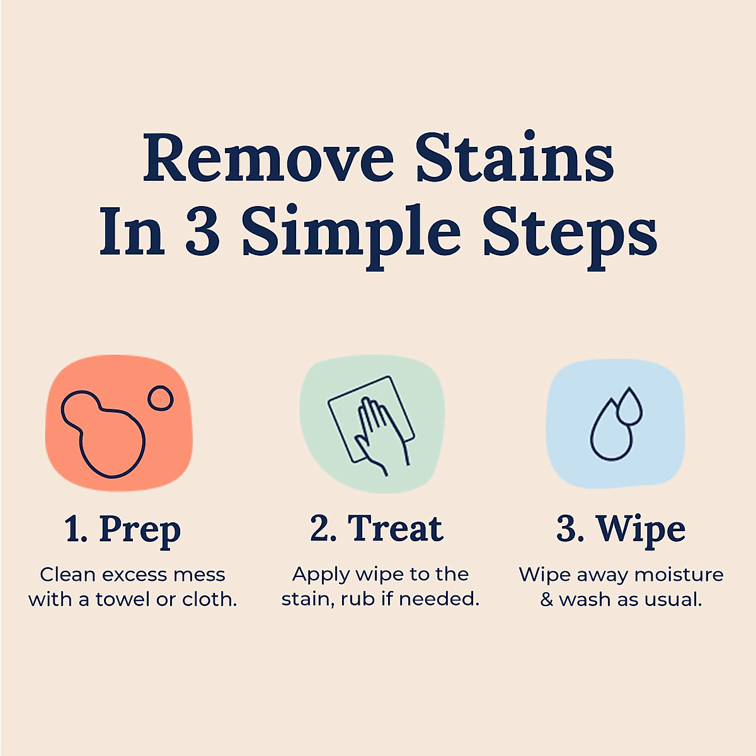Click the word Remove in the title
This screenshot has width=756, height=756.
(x=268, y=158)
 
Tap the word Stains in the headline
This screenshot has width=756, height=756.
(x=514, y=158)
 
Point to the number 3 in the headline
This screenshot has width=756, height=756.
(x=202, y=232)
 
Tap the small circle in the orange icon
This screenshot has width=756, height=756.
(x=160, y=399)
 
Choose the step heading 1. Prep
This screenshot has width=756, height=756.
(x=122, y=529)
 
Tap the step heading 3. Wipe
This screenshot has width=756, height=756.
(x=621, y=529)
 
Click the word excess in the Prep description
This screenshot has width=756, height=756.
(x=135, y=575)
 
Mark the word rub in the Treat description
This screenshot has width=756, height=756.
(x=358, y=599)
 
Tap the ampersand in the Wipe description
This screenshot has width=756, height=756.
(x=546, y=599)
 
